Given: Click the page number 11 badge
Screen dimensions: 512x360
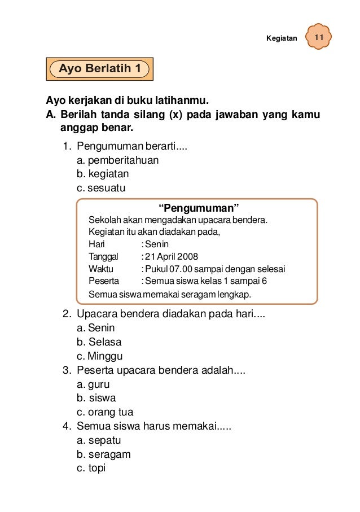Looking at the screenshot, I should pyautogui.click(x=319, y=38).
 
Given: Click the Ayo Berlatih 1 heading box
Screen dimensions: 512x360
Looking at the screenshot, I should pyautogui.click(x=100, y=69).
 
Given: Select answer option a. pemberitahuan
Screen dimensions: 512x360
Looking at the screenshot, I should pyautogui.click(x=117, y=160).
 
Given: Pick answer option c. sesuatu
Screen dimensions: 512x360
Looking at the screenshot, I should pyautogui.click(x=101, y=187).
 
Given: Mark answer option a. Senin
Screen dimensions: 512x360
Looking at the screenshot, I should pyautogui.click(x=95, y=328).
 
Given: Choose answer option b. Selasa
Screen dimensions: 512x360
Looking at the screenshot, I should pyautogui.click(x=99, y=342).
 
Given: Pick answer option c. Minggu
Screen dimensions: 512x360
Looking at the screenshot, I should pyautogui.click(x=99, y=356).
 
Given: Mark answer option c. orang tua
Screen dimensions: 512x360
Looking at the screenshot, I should pyautogui.click(x=105, y=412).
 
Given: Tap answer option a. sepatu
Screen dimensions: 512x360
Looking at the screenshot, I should pyautogui.click(x=99, y=440).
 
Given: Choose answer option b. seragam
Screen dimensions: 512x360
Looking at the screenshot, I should pyautogui.click(x=103, y=454).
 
